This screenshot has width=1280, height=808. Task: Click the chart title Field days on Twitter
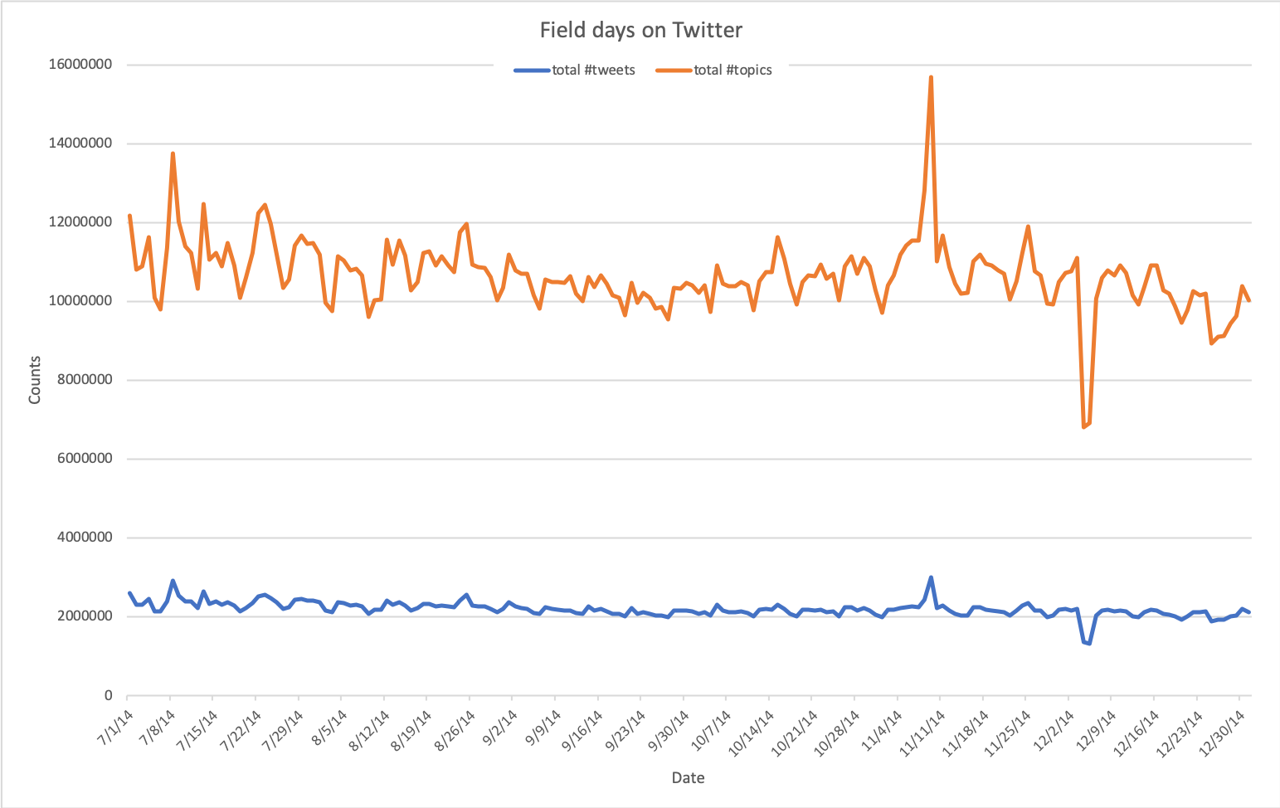(640, 31)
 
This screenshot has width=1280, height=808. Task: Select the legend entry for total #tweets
(575, 71)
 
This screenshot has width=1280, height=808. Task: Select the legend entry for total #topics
(714, 71)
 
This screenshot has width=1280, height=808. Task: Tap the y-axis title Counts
(35, 380)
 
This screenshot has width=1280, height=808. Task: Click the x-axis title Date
(688, 778)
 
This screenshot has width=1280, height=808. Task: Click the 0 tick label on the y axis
(108, 696)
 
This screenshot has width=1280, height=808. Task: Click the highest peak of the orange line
(931, 77)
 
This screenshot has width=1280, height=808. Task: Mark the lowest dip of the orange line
(1083, 426)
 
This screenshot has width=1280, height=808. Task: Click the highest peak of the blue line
(931, 577)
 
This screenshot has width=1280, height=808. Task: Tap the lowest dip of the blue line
(1089, 644)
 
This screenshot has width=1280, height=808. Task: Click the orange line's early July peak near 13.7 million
(173, 153)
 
